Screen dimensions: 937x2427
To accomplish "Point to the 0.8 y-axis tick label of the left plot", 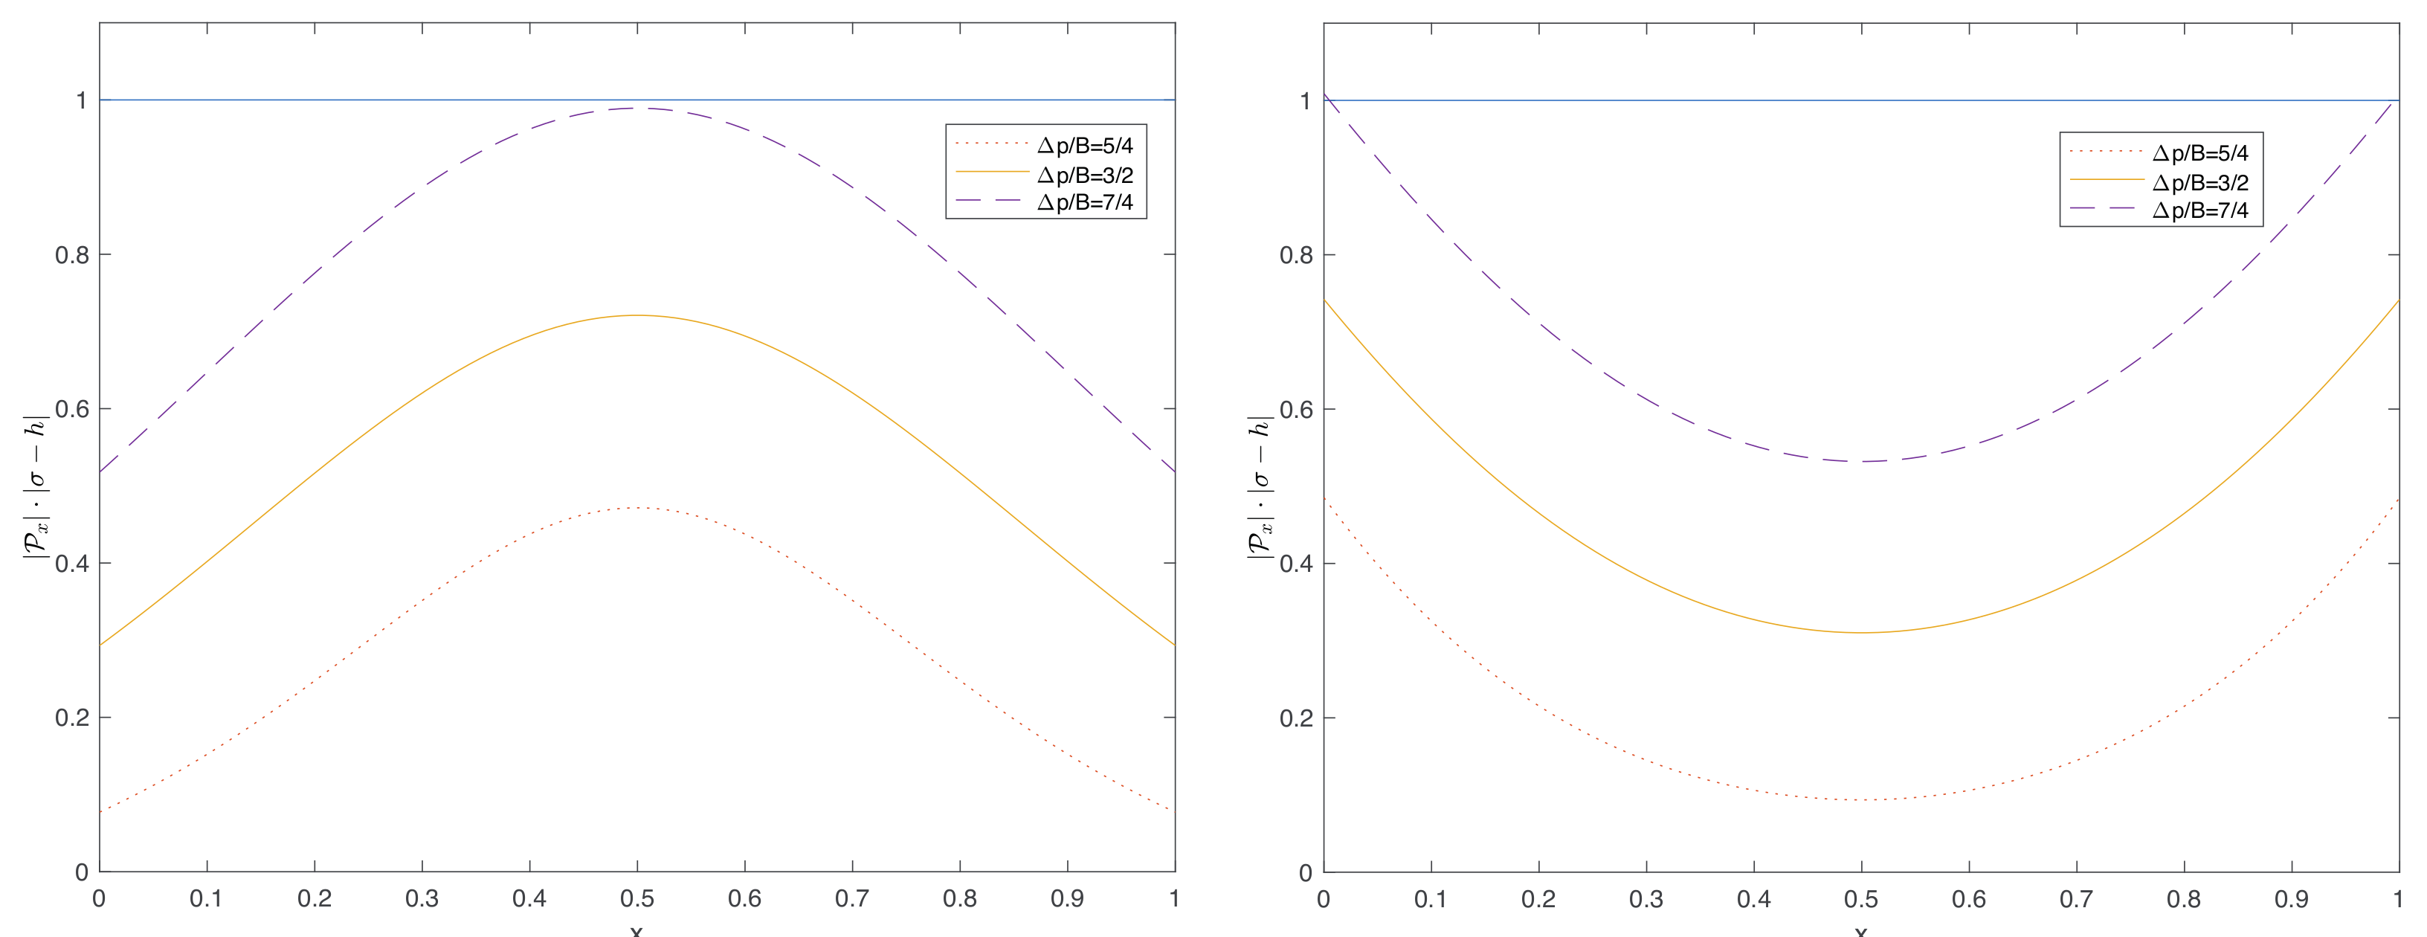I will pos(71,254).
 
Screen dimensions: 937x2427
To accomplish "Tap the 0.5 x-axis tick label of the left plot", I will pos(637,899).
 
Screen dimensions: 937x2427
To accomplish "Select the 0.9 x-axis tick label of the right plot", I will pos(2292,899).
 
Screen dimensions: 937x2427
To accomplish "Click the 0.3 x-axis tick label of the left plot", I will pos(422,899).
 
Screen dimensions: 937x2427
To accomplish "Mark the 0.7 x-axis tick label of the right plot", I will pos(2077,899).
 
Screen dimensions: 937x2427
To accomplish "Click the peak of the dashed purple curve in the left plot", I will pos(637,108).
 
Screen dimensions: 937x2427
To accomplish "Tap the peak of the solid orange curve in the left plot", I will pos(637,315).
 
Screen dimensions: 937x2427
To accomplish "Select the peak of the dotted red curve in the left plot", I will pos(637,508).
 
